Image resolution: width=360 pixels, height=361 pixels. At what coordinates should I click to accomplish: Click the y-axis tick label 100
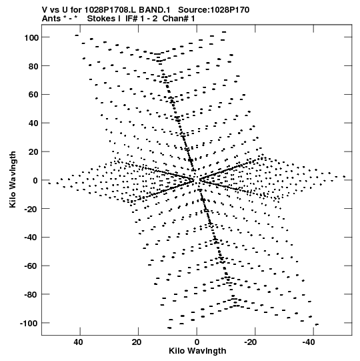(31, 37)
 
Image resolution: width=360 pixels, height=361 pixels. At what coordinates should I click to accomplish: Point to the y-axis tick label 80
(33, 66)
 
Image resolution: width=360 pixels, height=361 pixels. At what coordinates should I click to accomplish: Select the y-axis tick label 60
(33, 95)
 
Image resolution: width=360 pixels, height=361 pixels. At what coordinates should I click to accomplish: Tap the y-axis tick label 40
(33, 123)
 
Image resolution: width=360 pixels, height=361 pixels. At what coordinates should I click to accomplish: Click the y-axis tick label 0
(35, 181)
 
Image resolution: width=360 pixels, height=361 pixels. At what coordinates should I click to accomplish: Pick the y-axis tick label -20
(31, 209)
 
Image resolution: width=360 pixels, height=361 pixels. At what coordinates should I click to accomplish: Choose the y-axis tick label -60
(31, 266)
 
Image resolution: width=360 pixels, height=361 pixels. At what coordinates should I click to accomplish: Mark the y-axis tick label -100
(29, 324)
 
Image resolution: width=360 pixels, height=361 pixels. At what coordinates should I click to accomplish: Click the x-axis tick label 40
(79, 342)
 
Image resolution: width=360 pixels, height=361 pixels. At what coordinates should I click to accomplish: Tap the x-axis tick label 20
(137, 342)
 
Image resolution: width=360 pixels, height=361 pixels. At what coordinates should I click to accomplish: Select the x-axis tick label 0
(197, 342)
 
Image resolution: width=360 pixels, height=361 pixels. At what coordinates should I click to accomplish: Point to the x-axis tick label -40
(309, 342)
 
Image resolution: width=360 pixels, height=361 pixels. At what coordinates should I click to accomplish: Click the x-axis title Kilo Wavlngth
(197, 351)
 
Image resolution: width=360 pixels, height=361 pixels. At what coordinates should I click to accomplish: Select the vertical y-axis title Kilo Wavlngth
(13, 179)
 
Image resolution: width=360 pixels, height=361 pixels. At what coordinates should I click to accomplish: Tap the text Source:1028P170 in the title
(214, 10)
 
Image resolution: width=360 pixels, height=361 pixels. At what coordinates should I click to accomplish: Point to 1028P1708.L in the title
(111, 10)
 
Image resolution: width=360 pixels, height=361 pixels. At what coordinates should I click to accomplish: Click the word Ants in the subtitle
(51, 19)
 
